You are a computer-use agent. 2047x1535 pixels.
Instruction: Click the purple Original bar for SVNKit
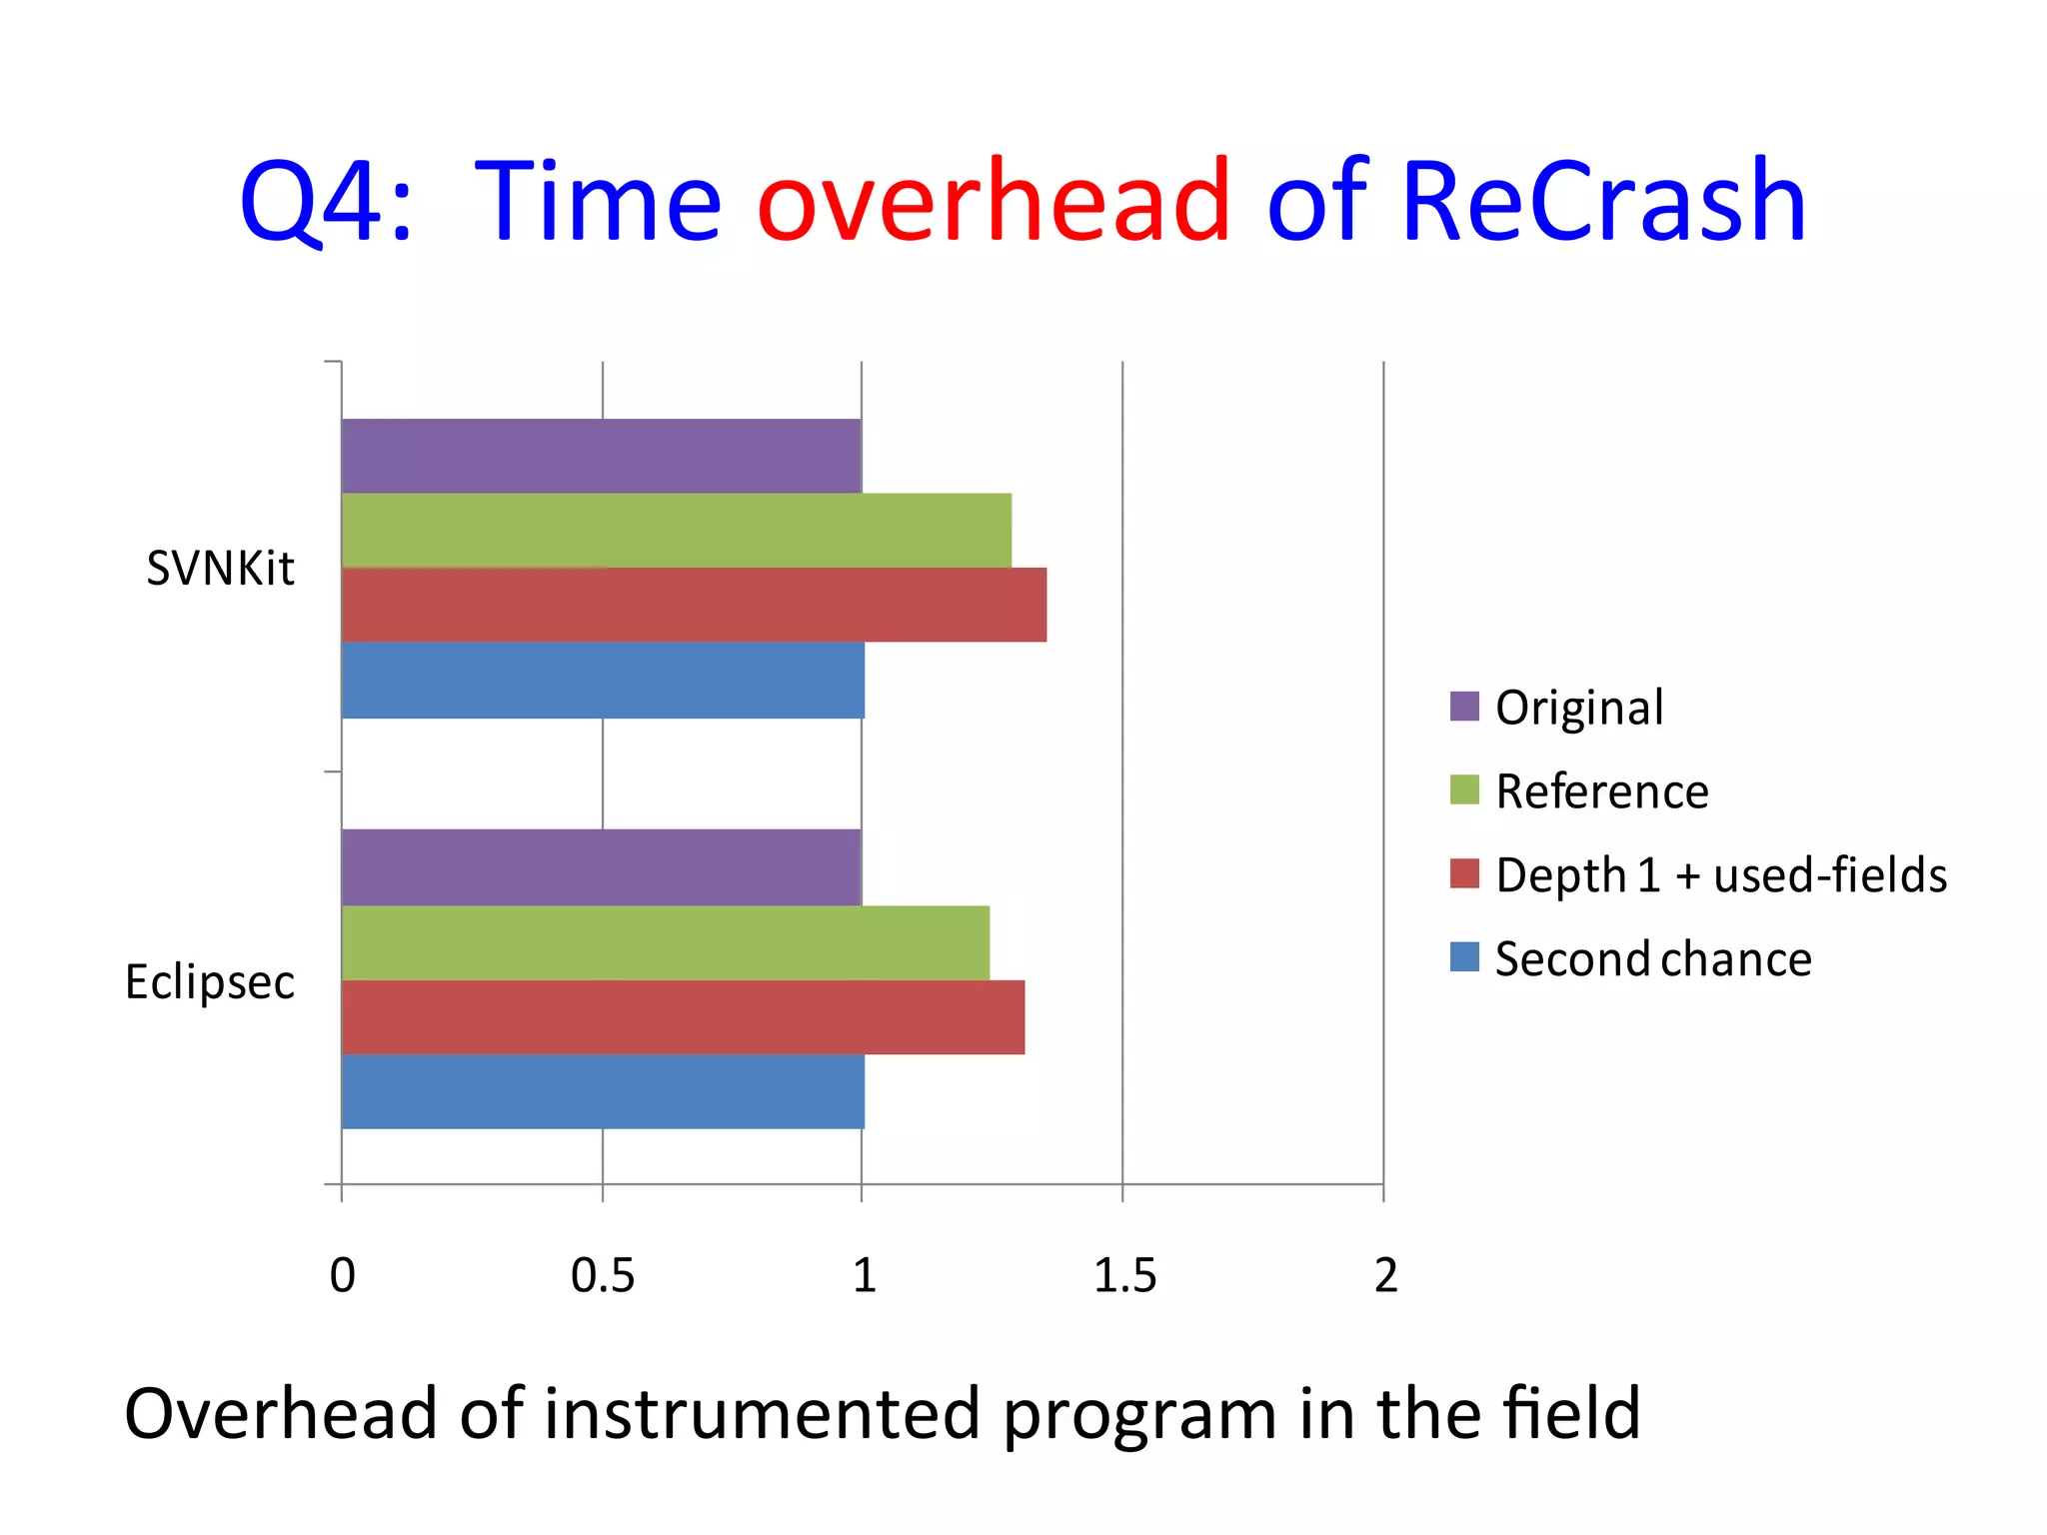tap(601, 456)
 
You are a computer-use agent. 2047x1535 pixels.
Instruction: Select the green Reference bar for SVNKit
tap(676, 530)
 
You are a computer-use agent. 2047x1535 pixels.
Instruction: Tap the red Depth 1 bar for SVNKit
tap(694, 605)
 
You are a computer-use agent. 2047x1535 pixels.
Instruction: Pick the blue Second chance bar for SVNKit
tap(603, 680)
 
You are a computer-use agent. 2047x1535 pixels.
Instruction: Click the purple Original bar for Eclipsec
tap(601, 866)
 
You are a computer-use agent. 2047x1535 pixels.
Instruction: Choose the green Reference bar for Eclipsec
tap(665, 942)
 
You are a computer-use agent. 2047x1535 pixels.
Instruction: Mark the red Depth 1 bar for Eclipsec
tap(683, 1016)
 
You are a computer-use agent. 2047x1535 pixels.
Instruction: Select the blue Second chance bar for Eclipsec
tap(603, 1091)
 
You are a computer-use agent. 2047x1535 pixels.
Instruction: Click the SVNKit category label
tap(220, 569)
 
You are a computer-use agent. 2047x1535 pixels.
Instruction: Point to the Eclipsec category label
tap(210, 981)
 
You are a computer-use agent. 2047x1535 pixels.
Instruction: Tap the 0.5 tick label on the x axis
tap(602, 1276)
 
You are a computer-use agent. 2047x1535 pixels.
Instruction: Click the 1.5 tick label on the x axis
tap(1124, 1276)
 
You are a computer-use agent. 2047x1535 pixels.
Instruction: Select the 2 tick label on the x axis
tap(1385, 1276)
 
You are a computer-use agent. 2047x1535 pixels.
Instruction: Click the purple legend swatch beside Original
tap(1463, 706)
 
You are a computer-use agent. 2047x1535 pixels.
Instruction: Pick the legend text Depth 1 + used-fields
tap(1720, 875)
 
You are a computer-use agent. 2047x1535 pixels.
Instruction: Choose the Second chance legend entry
tap(1653, 959)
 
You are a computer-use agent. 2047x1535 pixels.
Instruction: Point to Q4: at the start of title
tap(326, 202)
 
